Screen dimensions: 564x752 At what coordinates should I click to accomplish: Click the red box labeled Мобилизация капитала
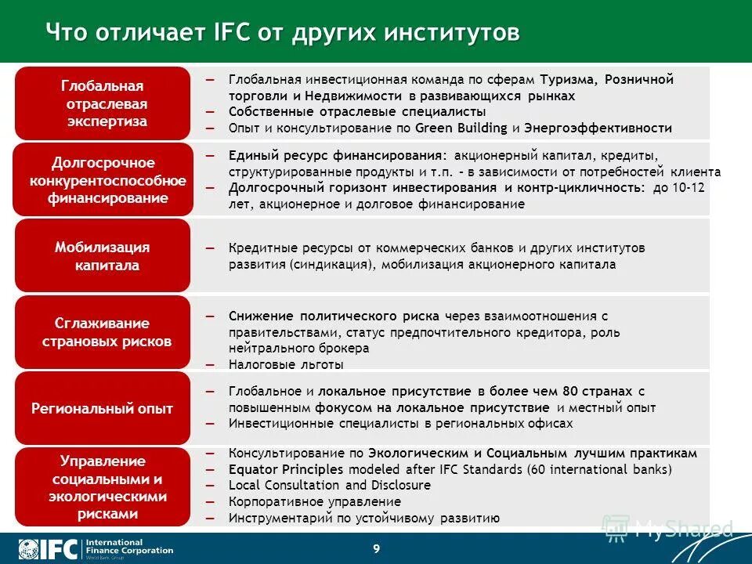point(103,255)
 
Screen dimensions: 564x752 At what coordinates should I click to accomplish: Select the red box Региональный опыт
point(103,408)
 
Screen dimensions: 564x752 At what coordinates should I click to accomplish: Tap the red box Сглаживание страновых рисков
point(103,332)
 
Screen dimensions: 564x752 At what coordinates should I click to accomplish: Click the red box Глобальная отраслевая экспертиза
point(103,103)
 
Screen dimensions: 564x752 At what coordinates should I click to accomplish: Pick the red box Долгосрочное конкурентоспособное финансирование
point(103,179)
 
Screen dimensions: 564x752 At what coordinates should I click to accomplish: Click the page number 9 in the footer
point(376,548)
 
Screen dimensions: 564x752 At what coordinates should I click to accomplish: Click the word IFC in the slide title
point(231,34)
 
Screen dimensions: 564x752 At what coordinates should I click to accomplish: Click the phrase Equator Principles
point(286,469)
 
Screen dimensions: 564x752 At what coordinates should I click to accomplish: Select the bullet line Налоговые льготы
point(286,364)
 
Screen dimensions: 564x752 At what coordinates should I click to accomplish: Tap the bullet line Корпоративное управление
point(315,501)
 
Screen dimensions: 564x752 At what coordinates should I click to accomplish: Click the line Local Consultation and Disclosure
point(330,485)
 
